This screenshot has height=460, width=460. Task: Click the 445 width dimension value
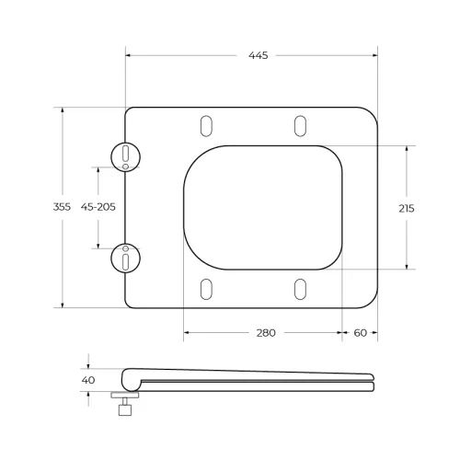[x=258, y=56]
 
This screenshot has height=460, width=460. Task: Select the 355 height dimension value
[x=63, y=208]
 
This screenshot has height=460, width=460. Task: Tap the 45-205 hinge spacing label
[x=98, y=208]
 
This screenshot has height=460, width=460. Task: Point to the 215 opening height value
[x=406, y=208]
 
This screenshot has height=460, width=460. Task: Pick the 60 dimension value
[x=359, y=333]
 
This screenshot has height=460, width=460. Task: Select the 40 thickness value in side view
[x=88, y=379]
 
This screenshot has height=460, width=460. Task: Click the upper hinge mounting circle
[x=125, y=157]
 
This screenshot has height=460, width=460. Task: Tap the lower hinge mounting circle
[x=125, y=259]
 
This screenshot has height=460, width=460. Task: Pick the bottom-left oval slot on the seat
[x=206, y=289]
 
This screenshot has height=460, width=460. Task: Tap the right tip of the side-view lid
[x=373, y=380]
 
